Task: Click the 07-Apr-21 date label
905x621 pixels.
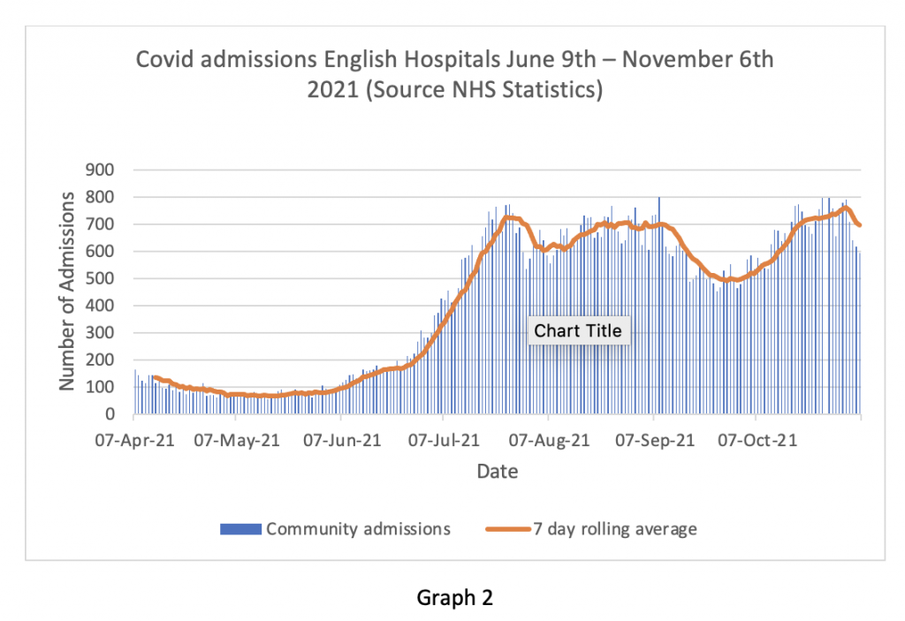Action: click(x=133, y=440)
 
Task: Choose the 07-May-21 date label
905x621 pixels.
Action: click(x=237, y=440)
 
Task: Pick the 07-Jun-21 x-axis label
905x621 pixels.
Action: click(x=340, y=440)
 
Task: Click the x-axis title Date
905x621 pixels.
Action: click(x=498, y=472)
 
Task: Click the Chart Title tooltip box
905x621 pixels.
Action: click(x=578, y=331)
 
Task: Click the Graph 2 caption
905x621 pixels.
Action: click(x=454, y=598)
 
